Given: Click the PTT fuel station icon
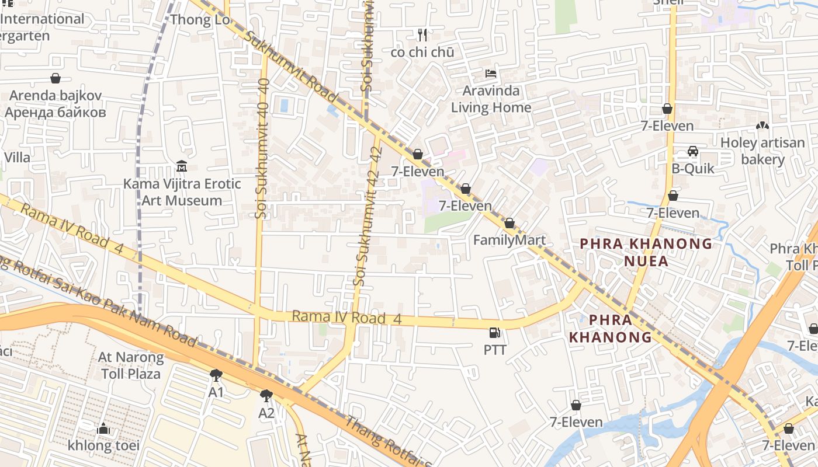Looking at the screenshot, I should coord(494,333).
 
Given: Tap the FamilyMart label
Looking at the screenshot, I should coord(509,240).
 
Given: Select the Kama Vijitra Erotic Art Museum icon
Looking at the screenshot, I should coord(181,167).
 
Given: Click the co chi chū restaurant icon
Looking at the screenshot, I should coord(423,35).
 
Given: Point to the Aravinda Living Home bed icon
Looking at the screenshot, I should coord(491,74).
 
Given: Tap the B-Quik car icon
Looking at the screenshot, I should coord(693,152).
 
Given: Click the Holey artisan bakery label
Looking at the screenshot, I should coord(762,151).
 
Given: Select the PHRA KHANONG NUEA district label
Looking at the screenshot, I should coord(646,252).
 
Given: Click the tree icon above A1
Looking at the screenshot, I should coord(216,375).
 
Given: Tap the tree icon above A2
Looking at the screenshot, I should coord(266,396).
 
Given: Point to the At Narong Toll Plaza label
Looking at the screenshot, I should coord(131,365).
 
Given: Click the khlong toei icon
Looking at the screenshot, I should coord(103,429).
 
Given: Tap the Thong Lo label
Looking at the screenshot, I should coord(191,20).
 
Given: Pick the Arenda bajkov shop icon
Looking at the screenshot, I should coord(56,78).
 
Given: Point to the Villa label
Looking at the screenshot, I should coord(17,157).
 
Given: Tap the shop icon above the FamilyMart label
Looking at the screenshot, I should coord(509,224).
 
